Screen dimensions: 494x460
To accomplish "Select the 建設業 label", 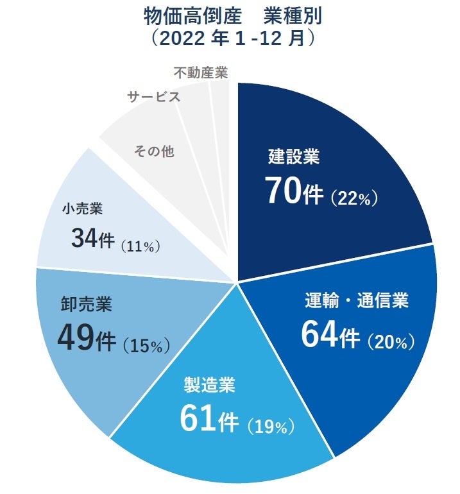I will (x=294, y=156).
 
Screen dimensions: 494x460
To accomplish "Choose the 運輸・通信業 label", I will (x=356, y=301).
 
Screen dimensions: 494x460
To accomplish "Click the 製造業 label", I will (x=210, y=386).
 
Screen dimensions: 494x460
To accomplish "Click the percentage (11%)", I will (x=140, y=245).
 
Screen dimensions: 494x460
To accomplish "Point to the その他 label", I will (x=154, y=151).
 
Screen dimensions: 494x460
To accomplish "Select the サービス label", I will (x=153, y=98).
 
